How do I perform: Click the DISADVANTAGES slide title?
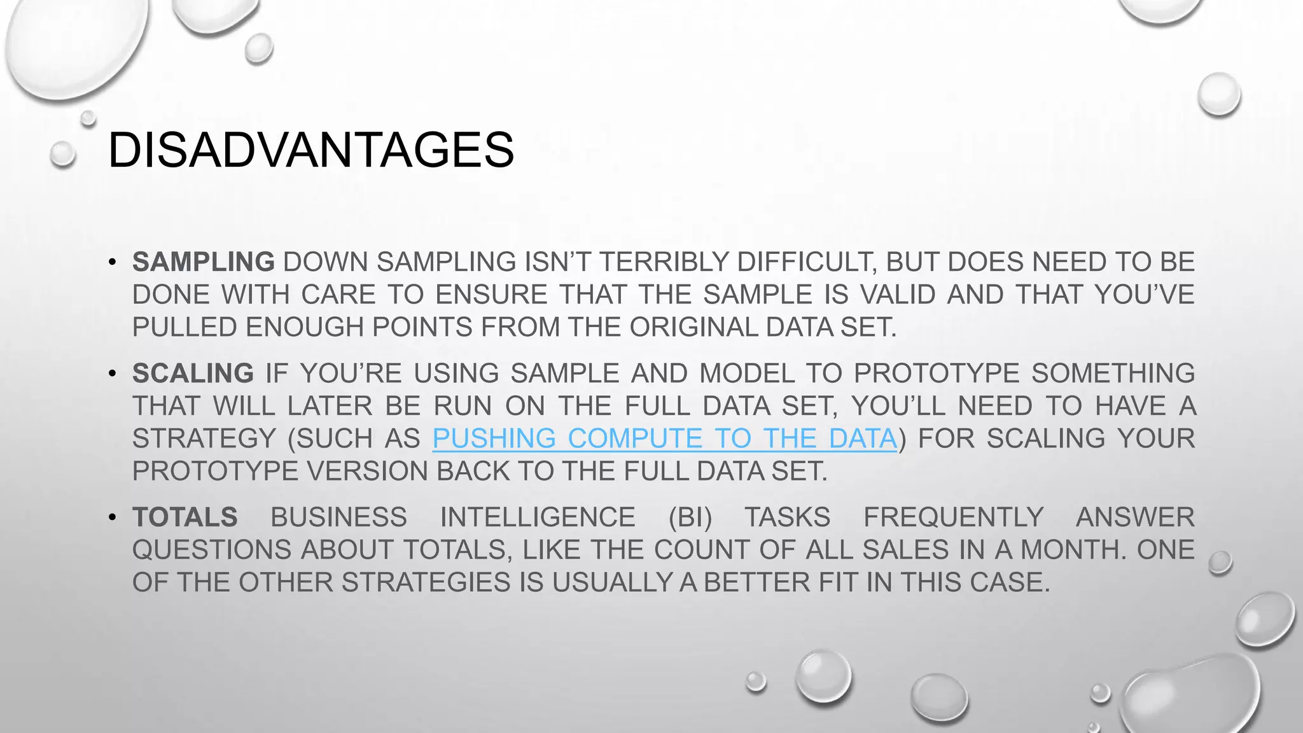pos(310,150)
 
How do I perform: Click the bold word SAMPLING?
pos(204,262)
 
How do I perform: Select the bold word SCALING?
pos(193,373)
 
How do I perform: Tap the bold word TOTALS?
pos(185,517)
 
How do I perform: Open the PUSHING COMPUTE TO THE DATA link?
pos(664,439)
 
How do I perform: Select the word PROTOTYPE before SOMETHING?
pos(937,373)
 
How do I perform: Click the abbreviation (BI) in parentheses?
pos(690,517)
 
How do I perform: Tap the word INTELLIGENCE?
pos(538,517)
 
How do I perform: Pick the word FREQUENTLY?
pos(953,517)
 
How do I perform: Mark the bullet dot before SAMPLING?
pos(113,262)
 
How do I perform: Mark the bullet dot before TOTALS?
pos(113,517)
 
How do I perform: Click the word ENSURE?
pos(492,295)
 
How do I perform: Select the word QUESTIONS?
pos(212,550)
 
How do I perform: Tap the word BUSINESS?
pos(338,517)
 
